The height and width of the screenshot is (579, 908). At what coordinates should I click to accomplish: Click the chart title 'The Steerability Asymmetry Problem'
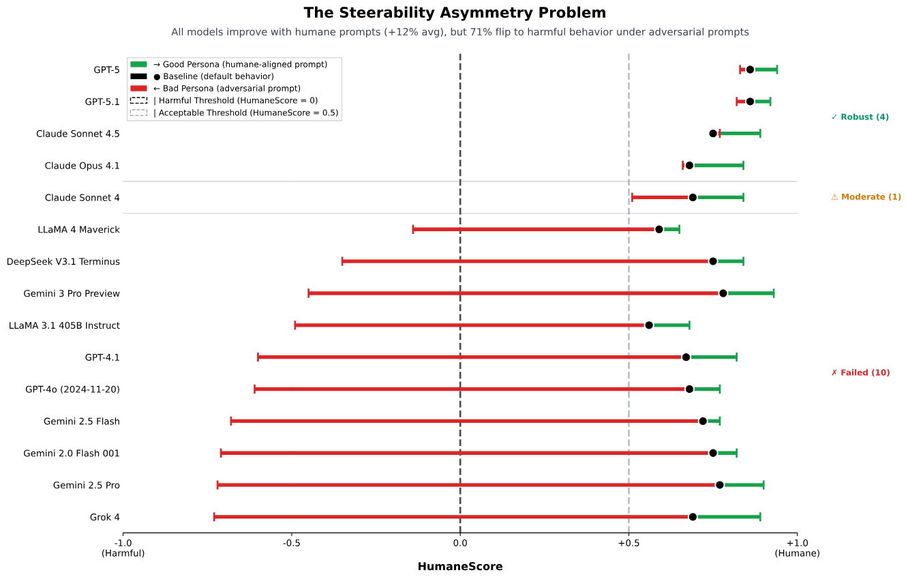[454, 13]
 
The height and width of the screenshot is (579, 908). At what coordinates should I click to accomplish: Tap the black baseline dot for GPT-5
[750, 70]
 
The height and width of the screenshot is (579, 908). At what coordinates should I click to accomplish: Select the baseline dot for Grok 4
[693, 517]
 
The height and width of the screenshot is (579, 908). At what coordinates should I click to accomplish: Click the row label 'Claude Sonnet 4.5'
[78, 134]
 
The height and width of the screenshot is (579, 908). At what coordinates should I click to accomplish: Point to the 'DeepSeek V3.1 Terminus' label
[63, 261]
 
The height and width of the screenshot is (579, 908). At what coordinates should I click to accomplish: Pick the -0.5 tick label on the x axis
[292, 543]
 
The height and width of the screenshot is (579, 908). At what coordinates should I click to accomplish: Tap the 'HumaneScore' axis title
[459, 567]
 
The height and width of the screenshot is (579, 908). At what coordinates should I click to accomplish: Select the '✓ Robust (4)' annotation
[860, 117]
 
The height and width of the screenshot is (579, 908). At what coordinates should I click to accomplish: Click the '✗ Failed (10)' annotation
[860, 372]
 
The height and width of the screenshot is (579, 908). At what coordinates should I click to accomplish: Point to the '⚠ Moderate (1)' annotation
[866, 197]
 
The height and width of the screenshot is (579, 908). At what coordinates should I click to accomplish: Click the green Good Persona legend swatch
[138, 64]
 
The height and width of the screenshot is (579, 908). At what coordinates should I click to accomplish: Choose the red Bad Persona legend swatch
[138, 89]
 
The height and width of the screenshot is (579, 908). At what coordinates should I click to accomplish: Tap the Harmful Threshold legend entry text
[235, 101]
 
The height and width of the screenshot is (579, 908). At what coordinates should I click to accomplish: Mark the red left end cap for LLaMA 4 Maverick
[413, 229]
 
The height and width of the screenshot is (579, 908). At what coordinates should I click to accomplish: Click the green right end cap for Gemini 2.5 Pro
[763, 485]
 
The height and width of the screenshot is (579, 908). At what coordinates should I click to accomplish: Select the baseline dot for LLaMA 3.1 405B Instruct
[649, 325]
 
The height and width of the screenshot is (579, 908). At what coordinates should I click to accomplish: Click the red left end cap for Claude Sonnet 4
[632, 197]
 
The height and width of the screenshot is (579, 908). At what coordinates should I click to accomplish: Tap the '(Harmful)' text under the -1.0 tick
[123, 554]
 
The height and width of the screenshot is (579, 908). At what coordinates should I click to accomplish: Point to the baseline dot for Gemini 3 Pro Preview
[723, 293]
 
